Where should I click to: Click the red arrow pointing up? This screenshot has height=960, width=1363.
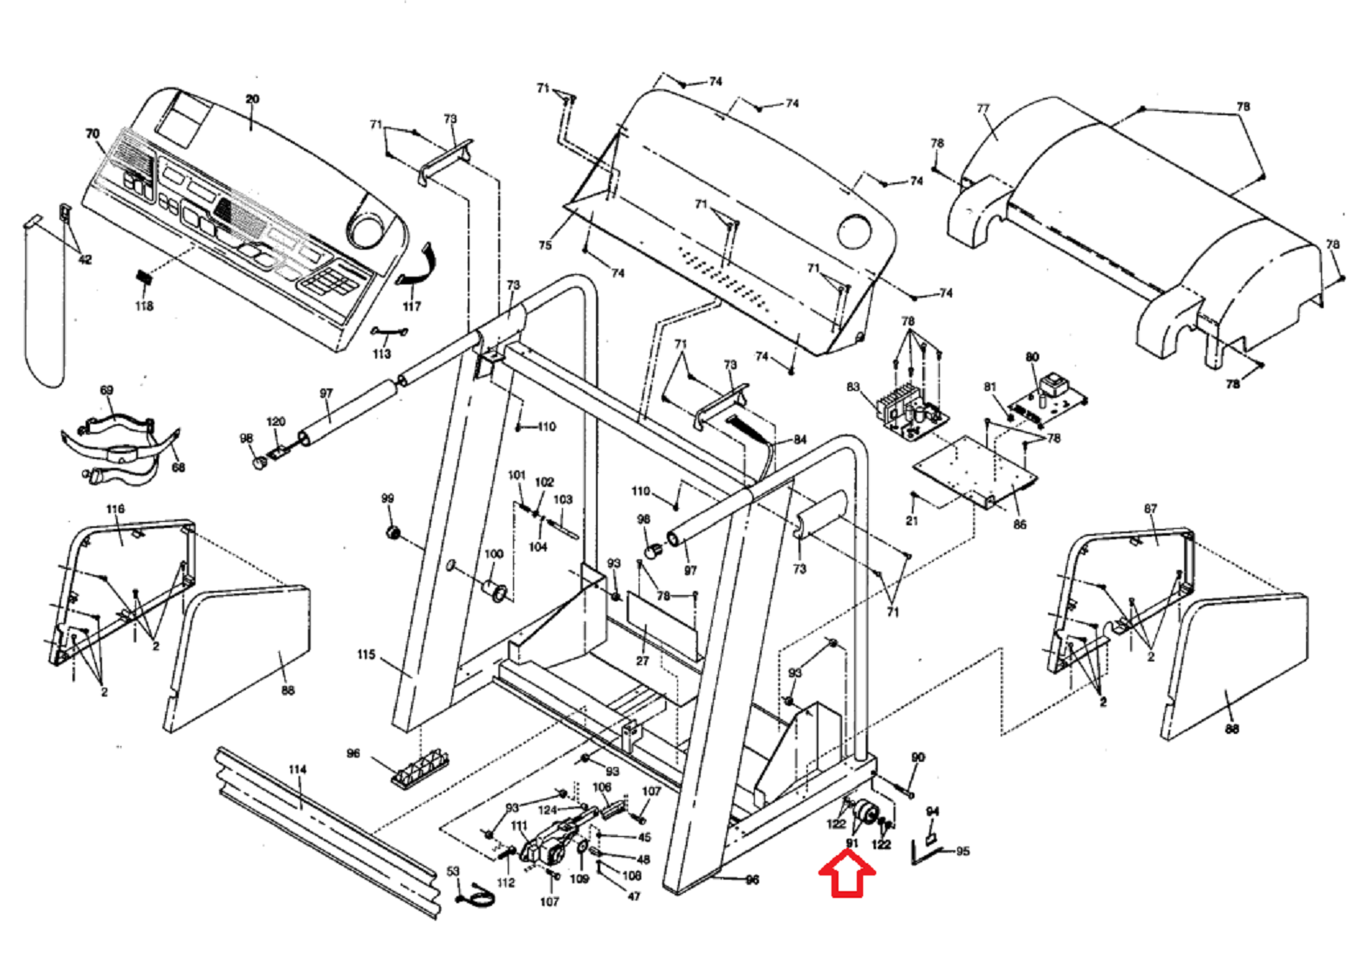(846, 875)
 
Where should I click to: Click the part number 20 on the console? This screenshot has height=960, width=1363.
(252, 99)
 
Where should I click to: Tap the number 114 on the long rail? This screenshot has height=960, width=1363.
(298, 770)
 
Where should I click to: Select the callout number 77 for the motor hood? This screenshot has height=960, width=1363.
(983, 109)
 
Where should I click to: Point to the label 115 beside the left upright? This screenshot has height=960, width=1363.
(366, 655)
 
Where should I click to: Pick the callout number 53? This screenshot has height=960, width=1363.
(453, 871)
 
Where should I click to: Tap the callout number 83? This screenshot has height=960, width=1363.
(853, 387)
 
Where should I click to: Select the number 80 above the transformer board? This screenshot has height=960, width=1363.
(1032, 357)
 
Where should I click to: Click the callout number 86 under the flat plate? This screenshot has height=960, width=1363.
(1019, 525)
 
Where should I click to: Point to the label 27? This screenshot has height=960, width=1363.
(642, 661)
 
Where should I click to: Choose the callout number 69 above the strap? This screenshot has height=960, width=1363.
(106, 390)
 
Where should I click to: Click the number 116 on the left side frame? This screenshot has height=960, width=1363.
(115, 509)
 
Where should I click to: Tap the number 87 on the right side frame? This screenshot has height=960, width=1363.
(1150, 509)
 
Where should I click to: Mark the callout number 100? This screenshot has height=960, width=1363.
(494, 554)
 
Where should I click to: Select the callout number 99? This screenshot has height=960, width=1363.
(387, 498)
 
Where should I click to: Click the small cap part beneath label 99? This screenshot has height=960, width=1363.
(393, 532)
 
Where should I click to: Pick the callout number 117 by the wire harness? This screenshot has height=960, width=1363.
(411, 306)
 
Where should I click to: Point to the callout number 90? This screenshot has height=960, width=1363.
(917, 758)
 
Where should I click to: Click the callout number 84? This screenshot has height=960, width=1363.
(799, 439)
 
